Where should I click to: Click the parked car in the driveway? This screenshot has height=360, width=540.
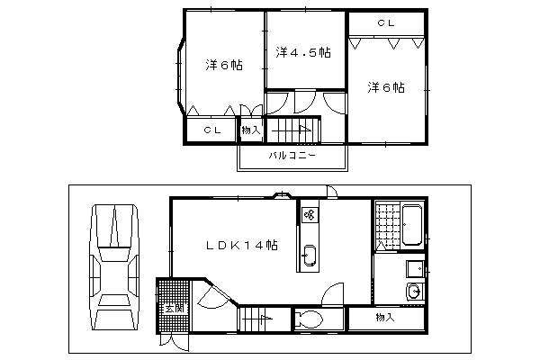tap(114, 267)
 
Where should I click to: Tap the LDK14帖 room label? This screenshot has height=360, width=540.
tap(242, 245)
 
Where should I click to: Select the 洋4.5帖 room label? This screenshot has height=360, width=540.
tap(303, 52)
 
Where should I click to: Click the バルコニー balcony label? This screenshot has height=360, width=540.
tap(292, 156)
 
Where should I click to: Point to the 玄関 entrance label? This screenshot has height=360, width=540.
tap(175, 309)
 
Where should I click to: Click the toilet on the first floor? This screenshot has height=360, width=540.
tap(310, 320)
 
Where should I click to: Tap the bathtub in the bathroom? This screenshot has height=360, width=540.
tap(412, 225)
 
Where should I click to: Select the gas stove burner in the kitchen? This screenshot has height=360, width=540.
tap(310, 215)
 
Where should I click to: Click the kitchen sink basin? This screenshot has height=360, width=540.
tap(309, 256)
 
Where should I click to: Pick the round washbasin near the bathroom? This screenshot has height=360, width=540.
tap(414, 292)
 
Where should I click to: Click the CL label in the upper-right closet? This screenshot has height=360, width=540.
tap(386, 23)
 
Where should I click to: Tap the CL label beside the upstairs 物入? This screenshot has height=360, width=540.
tap(212, 130)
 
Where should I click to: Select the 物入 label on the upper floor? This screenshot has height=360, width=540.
tap(251, 130)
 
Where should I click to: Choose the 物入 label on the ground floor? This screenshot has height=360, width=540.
tap(385, 317)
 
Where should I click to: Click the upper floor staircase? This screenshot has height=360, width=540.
tap(293, 130)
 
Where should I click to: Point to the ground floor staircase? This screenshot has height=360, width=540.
tap(265, 319)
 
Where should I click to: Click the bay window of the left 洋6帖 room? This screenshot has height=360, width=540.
tap(181, 76)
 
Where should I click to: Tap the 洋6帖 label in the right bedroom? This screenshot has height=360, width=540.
tap(386, 87)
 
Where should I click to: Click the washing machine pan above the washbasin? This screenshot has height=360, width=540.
tap(415, 269)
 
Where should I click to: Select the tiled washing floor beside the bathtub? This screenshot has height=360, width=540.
tap(387, 227)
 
